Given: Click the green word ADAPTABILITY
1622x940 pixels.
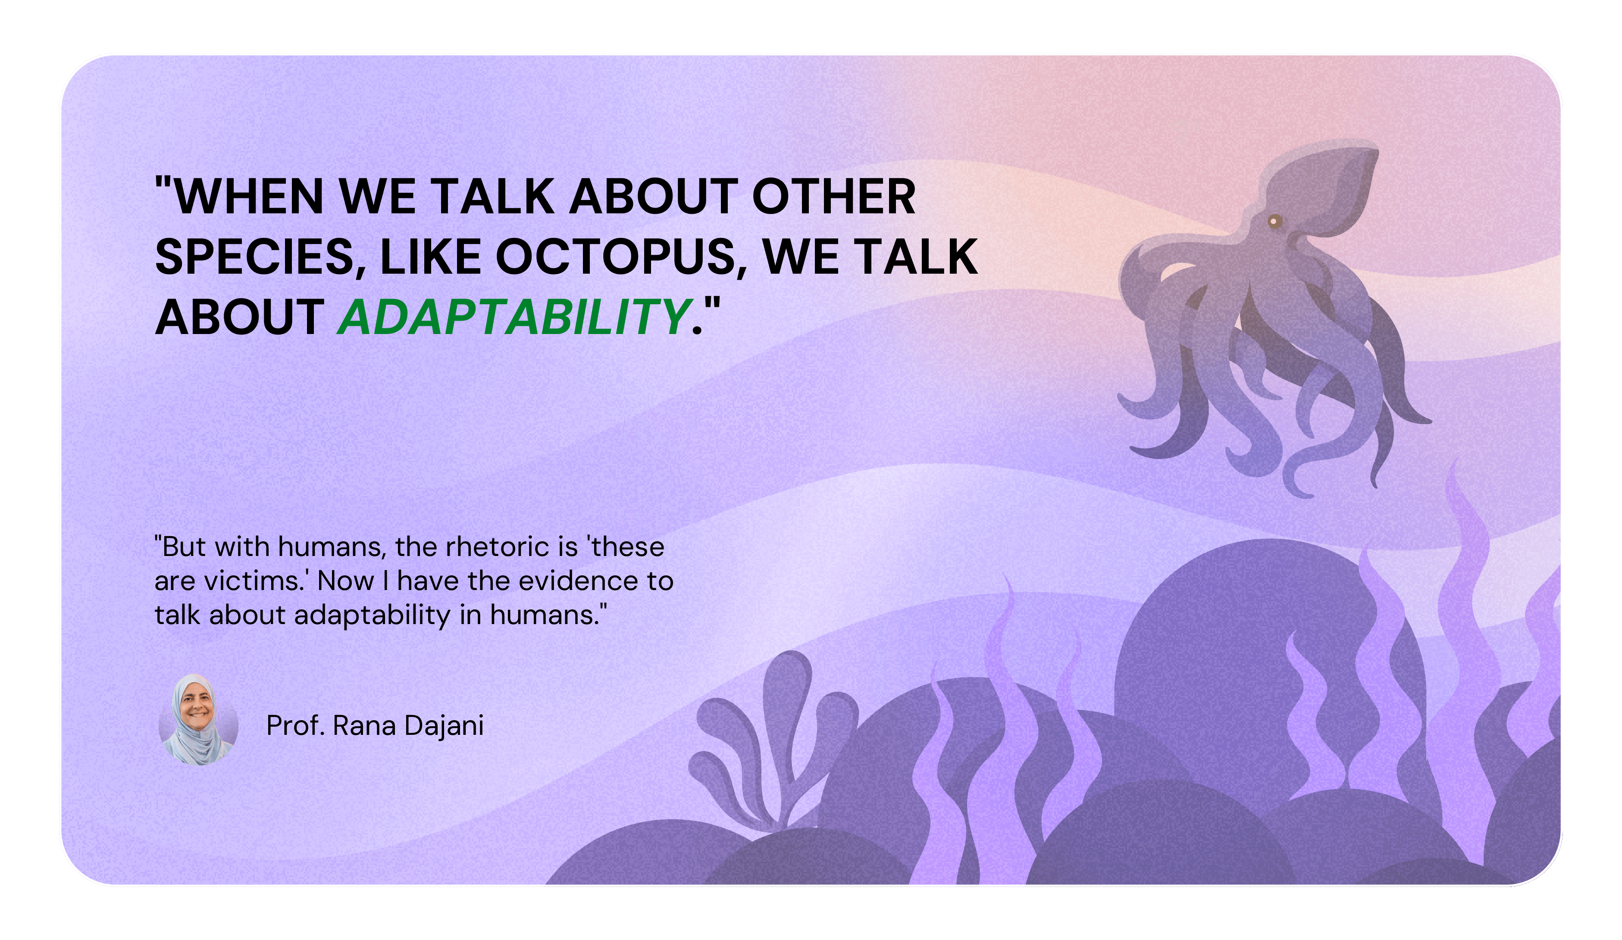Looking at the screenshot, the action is [514, 317].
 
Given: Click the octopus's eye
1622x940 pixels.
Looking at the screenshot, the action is [1274, 222].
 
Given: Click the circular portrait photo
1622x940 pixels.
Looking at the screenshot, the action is [198, 720].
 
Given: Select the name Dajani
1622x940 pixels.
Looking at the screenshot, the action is [444, 726].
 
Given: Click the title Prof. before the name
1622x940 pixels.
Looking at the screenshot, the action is [295, 726].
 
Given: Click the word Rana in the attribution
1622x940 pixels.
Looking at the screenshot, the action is [364, 726].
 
